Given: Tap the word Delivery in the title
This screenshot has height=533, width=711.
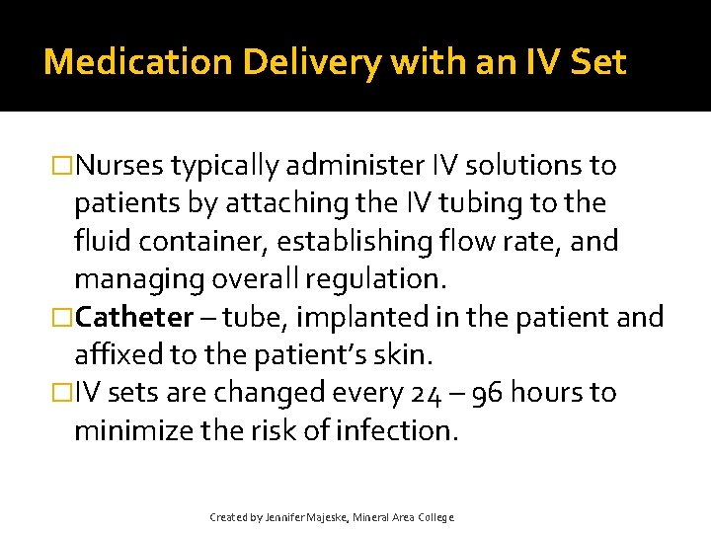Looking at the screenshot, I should pos(287,62).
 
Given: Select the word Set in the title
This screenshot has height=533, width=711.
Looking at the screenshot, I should pos(598,62).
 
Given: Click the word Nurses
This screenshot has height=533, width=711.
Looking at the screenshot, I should pos(119,166).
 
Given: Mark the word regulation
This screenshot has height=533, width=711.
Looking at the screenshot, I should pos(376,278).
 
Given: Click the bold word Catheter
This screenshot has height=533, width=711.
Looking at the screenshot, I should pos(135,317).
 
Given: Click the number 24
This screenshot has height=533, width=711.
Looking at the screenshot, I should pos(424,393).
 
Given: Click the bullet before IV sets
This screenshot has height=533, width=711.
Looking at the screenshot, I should pos(62,393).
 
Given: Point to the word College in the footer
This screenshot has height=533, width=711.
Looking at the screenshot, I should pos(434,516).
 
